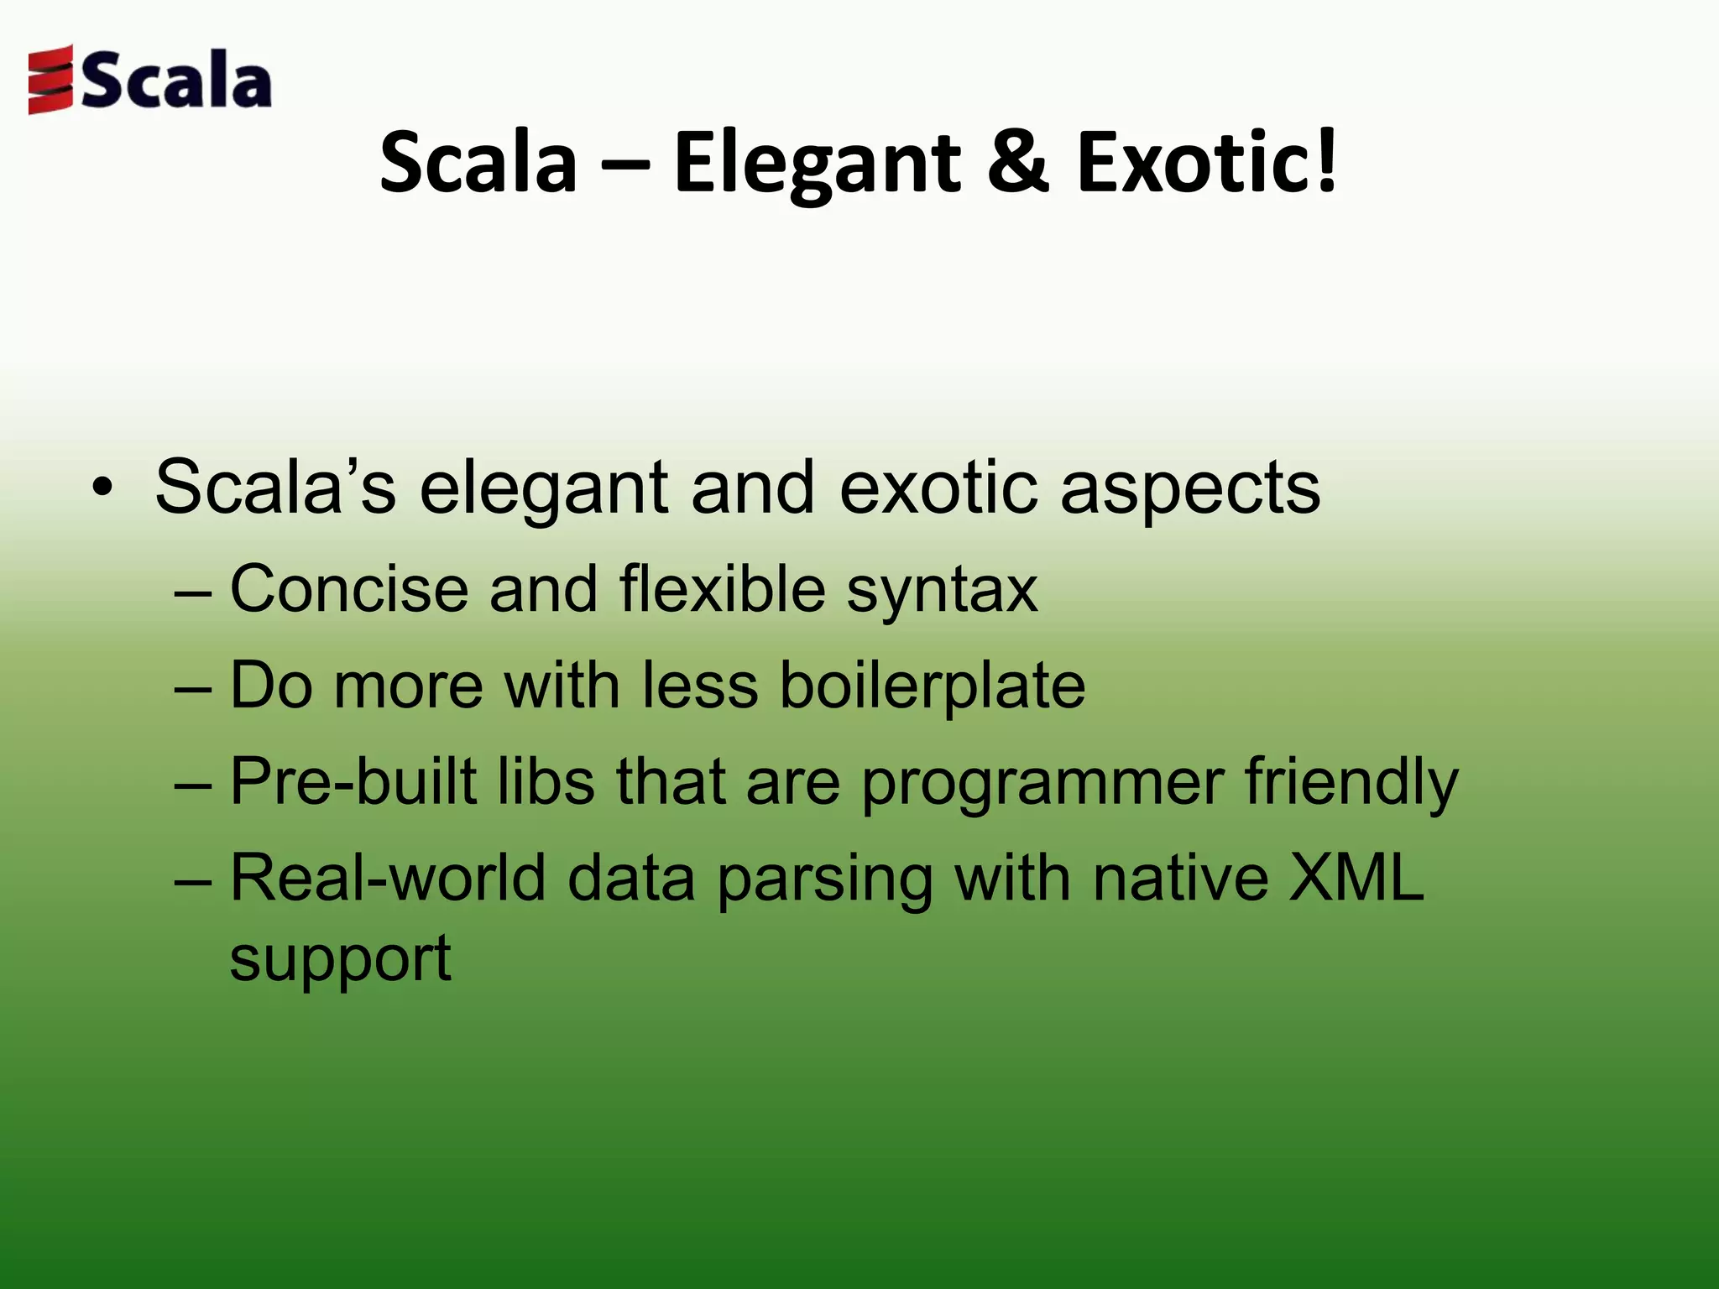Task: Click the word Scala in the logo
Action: pos(177,81)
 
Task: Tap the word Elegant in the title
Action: pos(816,163)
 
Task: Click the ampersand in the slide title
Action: pos(1017,161)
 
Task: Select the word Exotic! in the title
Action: pos(1207,161)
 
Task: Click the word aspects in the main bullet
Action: pos(1190,489)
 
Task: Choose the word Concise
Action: pos(348,589)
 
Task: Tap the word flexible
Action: pos(723,589)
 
